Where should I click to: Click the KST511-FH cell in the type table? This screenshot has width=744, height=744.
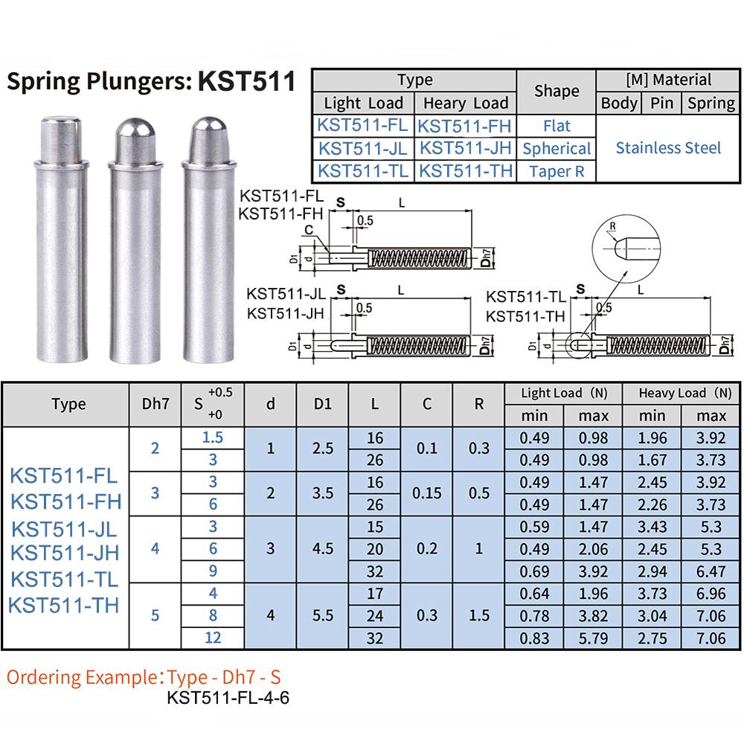click(464, 126)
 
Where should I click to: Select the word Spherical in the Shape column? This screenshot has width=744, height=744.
click(557, 149)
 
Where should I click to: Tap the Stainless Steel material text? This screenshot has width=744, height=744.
click(668, 148)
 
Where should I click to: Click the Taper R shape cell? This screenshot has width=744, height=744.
click(557, 171)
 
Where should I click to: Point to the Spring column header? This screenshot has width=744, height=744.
click(711, 103)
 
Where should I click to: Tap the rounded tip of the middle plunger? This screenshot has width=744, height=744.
click(135, 140)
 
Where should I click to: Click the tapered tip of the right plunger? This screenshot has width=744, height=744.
click(209, 139)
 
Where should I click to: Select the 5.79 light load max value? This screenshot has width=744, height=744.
click(593, 638)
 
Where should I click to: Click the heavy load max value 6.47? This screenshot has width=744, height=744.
click(711, 571)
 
